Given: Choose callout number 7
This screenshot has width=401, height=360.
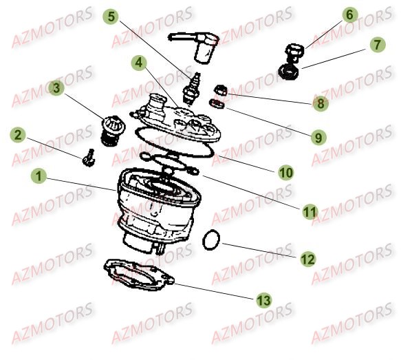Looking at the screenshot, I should tap(376, 45).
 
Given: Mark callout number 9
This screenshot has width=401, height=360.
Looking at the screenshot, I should tap(318, 137).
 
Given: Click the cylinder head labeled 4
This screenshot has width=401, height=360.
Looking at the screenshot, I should tap(176, 117).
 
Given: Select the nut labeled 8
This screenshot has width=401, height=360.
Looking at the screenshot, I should tap(221, 89).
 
